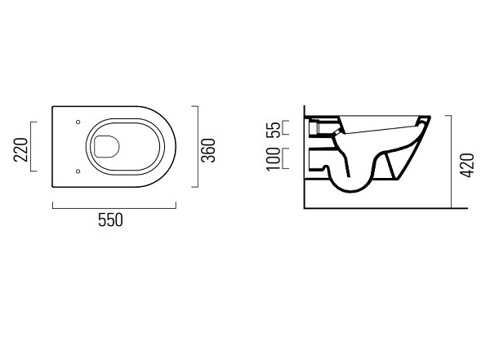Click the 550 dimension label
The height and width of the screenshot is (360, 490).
(x=110, y=220)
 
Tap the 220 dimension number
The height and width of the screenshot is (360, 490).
(x=21, y=149)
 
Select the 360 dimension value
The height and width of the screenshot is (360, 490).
(x=208, y=150)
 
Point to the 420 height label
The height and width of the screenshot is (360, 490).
(x=468, y=166)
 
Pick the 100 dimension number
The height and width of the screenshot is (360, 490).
(x=274, y=159)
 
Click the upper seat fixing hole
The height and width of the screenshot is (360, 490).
(x=78, y=122)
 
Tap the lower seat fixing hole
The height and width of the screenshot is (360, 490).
(x=78, y=171)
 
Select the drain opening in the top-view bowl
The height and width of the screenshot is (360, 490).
(x=107, y=147)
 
